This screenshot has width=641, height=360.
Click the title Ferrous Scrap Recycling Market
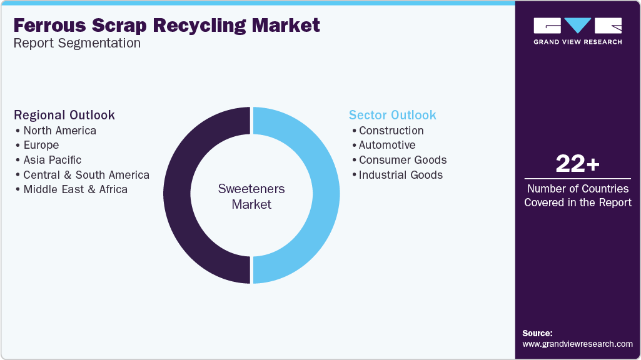pos(166,25)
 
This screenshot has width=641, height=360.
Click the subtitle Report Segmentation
pos(77,44)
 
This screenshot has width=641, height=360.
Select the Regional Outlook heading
pos(64,115)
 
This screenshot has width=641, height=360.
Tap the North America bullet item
pos(59,131)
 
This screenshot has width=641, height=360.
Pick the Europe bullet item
pos(41,145)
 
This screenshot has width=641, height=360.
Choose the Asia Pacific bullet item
pos(52,160)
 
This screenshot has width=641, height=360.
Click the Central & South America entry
pos(86,175)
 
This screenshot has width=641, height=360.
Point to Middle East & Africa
pos(75,189)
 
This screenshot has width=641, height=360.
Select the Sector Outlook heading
pos(392,115)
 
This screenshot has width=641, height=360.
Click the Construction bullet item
pos(391,131)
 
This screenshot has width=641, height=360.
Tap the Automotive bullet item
pos(386,145)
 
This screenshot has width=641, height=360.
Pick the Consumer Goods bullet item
pos(403,160)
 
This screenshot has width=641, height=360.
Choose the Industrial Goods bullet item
pos(400,175)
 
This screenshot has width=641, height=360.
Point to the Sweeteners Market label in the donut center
pos(251,196)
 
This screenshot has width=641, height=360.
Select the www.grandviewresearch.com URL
pos(577,344)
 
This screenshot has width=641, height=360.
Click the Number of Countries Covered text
pos(577,195)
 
